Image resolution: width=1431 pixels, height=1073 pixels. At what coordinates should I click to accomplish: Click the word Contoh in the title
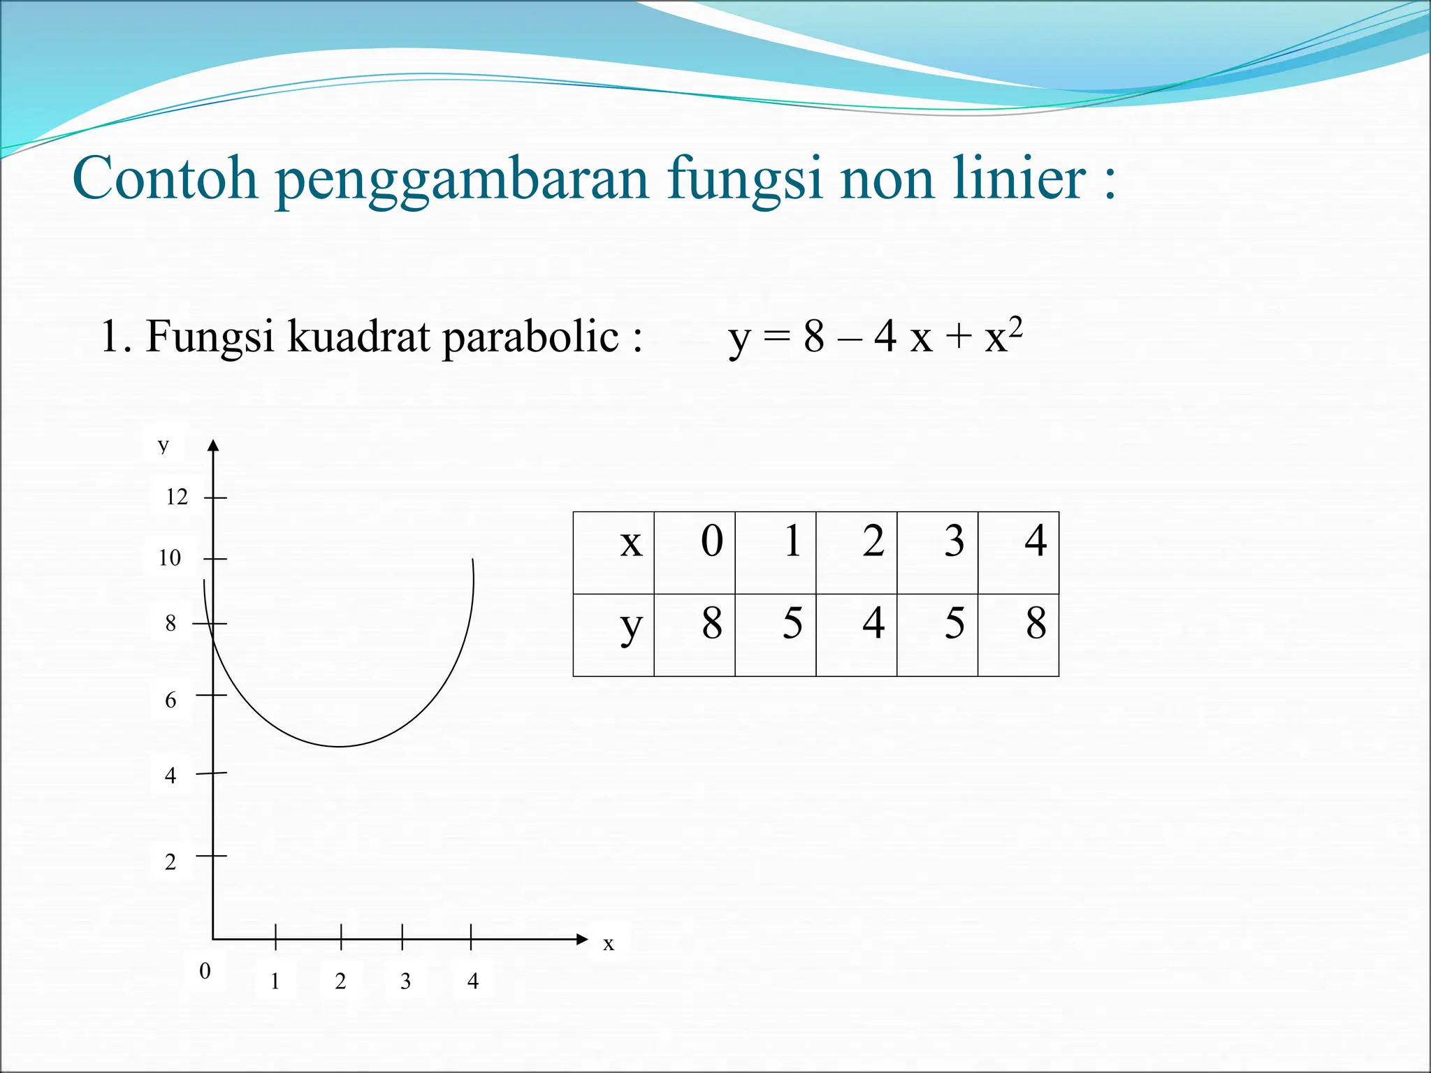pos(165,178)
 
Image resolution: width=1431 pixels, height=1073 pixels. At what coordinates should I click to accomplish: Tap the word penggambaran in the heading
pos(462,180)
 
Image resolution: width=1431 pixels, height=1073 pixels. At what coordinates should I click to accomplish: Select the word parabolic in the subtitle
pos(530,337)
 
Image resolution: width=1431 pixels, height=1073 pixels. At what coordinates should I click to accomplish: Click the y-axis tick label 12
pos(177,497)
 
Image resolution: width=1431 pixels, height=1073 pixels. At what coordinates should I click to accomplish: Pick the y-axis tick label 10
pos(170,558)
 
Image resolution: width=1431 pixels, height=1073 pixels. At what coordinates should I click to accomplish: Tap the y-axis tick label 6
pos(170,700)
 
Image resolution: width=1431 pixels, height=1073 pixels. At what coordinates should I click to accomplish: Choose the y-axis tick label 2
pos(170,862)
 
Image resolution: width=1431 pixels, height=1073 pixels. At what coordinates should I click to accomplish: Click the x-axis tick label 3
pos(405,981)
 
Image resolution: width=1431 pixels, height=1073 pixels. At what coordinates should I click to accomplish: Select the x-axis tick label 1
pos(275,981)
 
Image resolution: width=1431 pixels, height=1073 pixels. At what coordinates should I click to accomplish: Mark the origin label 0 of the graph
pos(205,971)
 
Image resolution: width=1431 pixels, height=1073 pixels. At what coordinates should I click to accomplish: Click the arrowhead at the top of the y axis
pos(214,445)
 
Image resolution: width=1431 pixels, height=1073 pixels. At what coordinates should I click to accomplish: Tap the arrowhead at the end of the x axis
pos(582,939)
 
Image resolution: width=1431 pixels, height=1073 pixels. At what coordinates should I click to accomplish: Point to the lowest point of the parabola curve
pos(340,747)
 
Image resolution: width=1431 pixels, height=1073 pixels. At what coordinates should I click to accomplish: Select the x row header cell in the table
pos(613,553)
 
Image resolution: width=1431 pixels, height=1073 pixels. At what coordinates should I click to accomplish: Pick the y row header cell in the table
pos(613,635)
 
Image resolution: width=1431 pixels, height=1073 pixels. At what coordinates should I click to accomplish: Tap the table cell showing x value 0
pos(695,553)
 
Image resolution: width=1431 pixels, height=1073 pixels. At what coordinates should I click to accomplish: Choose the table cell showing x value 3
pos(938,553)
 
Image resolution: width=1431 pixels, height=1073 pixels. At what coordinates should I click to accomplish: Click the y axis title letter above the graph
pos(164,444)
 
